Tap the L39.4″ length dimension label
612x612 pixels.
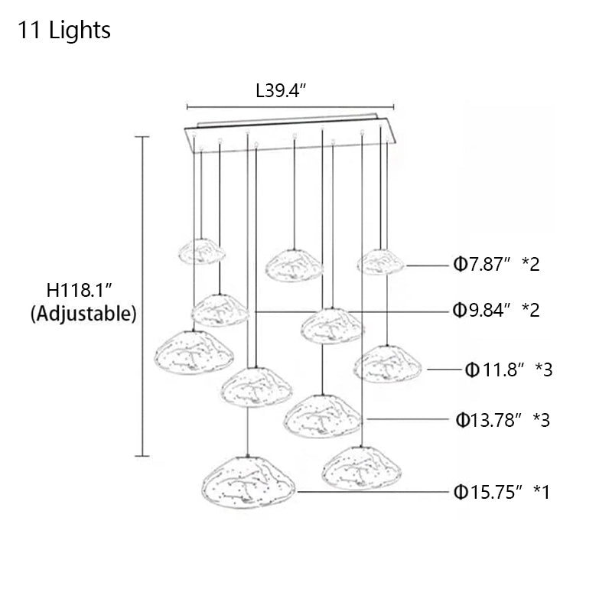281,92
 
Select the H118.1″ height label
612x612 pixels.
80,291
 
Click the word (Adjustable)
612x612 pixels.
83,314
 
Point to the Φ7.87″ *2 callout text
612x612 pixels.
496,265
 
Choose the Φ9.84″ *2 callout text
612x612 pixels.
496,311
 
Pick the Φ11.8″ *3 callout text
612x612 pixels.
509,370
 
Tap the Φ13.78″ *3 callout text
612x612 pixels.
503,419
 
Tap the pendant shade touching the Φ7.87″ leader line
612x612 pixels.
380,262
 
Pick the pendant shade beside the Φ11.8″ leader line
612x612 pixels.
388,364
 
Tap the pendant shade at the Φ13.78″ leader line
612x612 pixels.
324,415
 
